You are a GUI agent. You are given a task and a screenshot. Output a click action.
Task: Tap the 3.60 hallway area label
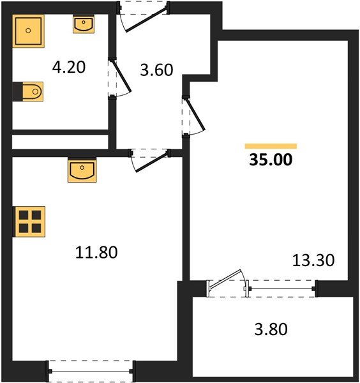pyautogui.click(x=156, y=69)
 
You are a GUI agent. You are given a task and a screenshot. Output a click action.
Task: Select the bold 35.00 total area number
pyautogui.click(x=271, y=160)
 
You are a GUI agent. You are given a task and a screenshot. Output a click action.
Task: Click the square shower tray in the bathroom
pyautogui.click(x=29, y=30)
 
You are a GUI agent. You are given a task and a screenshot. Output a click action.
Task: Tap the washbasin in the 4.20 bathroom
pyautogui.click(x=84, y=25)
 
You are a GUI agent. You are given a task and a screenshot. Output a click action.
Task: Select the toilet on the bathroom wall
pyautogui.click(x=28, y=93)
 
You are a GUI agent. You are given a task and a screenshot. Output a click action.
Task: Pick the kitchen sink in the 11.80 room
pyautogui.click(x=81, y=171)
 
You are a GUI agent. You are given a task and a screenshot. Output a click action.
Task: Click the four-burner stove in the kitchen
pyautogui.click(x=29, y=222)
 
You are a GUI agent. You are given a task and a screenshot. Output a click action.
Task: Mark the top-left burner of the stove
pyautogui.click(x=24, y=216)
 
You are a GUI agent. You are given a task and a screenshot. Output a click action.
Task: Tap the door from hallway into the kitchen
pyautogui.click(x=151, y=159)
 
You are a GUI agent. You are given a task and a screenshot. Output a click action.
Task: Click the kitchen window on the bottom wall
pyautogui.click(x=91, y=370)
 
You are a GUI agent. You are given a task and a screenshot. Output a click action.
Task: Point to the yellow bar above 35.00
pyautogui.click(x=271, y=146)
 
